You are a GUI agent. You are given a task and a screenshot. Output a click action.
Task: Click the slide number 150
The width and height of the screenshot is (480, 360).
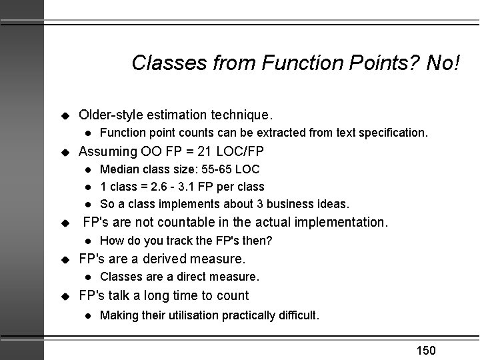point(425,350)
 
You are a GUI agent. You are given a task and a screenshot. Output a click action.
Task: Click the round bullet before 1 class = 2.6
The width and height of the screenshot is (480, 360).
point(87,187)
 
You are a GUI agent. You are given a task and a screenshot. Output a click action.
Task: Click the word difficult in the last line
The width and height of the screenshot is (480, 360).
point(296,314)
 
